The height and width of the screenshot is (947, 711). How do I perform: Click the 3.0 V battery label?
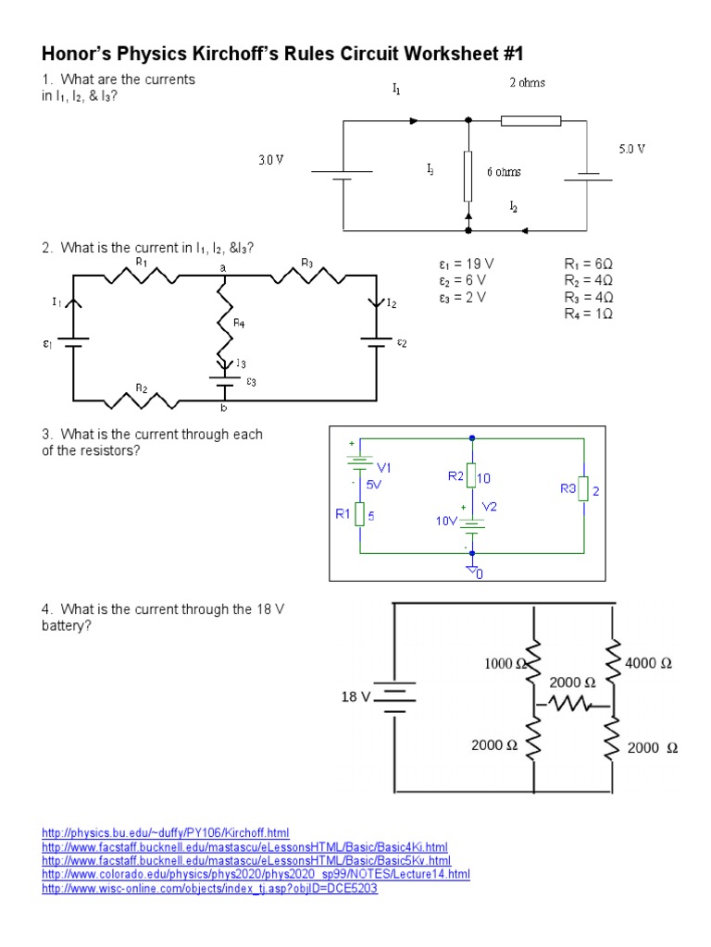point(270,160)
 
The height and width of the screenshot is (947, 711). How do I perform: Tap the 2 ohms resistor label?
point(527,83)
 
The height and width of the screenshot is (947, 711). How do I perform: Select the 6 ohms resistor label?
point(504,172)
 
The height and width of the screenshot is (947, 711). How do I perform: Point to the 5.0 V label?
point(631,148)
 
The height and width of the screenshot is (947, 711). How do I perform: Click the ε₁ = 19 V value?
point(467,264)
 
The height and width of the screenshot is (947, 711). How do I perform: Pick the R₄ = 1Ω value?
point(589,314)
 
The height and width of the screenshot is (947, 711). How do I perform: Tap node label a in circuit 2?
point(222,267)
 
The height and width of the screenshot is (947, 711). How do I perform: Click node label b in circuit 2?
point(222,409)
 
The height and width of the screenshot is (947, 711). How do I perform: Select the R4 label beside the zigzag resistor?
point(239,323)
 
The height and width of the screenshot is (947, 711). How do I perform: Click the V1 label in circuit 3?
point(383,467)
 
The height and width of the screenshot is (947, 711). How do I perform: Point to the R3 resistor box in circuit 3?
point(583,490)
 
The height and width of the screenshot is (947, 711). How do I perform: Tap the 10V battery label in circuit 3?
point(446,522)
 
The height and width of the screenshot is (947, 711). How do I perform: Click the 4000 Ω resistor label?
point(648,663)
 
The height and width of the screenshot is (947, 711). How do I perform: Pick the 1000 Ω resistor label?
point(505,663)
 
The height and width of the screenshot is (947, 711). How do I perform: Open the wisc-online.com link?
point(210,889)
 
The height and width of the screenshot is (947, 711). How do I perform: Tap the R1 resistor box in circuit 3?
point(358,515)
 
